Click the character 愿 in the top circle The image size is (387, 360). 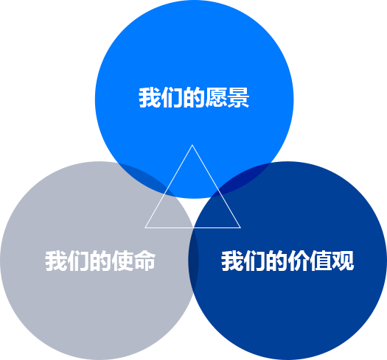(216, 97)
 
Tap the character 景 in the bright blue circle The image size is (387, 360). (238, 97)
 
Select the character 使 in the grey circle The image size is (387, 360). (122, 261)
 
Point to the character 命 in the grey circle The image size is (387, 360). (145, 261)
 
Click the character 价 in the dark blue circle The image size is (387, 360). (299, 261)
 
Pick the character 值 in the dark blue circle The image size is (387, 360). (321, 261)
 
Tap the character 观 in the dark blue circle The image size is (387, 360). (343, 261)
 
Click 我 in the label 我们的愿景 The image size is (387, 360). (150, 97)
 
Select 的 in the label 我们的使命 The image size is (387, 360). (100, 261)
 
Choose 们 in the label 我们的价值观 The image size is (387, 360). (254, 261)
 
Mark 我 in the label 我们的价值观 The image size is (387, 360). (231, 261)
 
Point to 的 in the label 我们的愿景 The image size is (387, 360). (194, 97)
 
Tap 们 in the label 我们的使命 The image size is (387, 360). (78, 261)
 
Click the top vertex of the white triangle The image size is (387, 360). (192, 145)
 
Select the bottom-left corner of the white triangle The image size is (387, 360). (145, 227)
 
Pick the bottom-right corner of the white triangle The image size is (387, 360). (240, 227)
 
